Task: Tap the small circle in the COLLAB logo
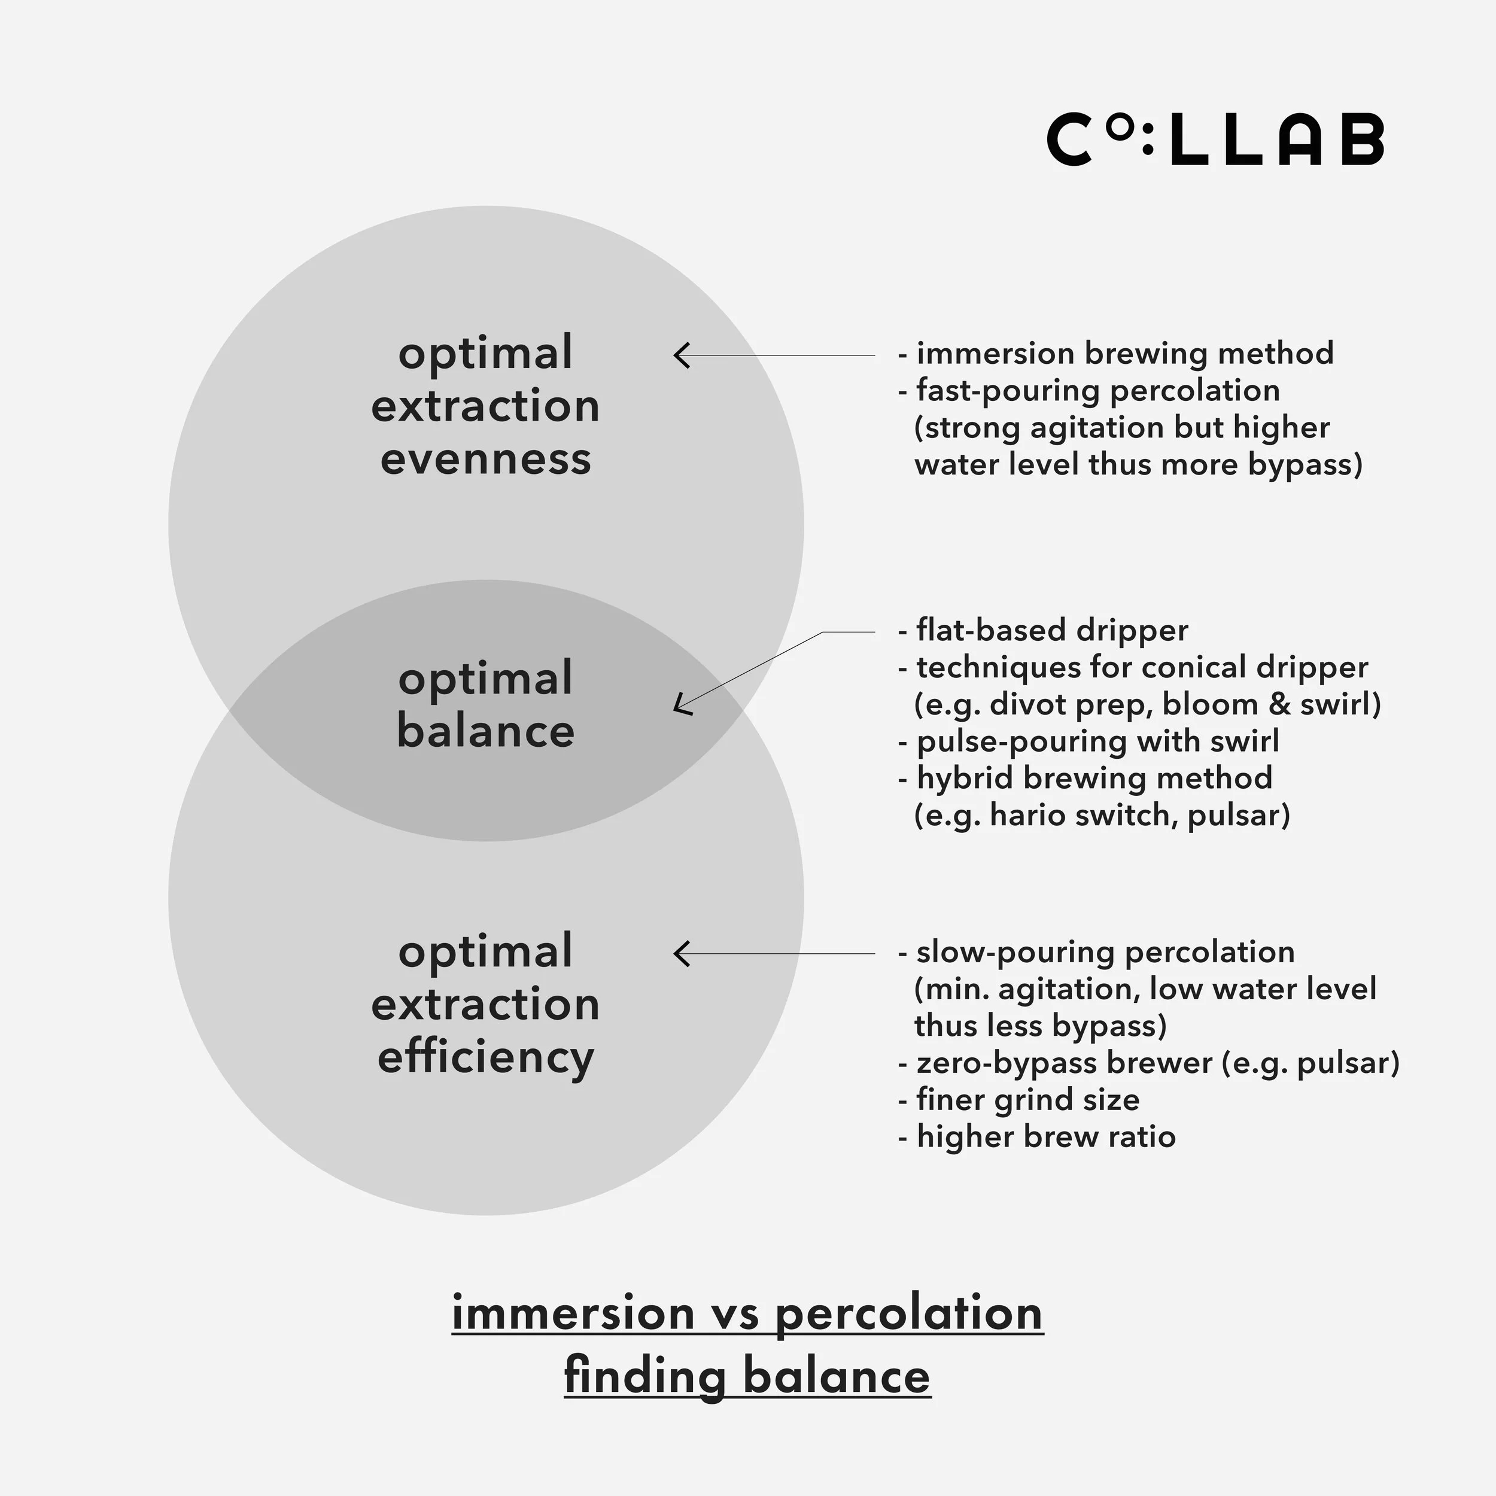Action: pos(1117,128)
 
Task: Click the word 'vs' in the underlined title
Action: pos(734,1315)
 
